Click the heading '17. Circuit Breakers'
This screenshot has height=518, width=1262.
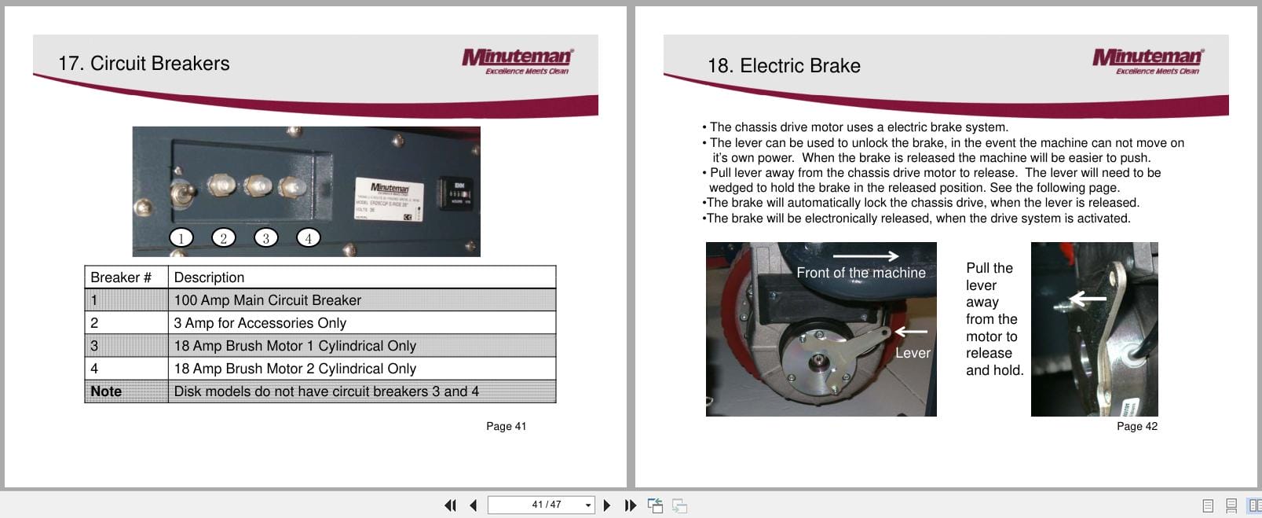[144, 64]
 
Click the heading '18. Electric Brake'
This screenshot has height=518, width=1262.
[783, 66]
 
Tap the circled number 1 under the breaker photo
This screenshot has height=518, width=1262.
[181, 238]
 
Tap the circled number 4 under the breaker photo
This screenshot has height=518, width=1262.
[308, 238]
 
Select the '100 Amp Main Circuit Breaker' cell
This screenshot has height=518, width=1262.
[267, 300]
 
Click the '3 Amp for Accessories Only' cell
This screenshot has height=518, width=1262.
[260, 323]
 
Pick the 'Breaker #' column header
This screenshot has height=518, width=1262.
[121, 277]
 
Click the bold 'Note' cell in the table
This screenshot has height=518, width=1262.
[106, 391]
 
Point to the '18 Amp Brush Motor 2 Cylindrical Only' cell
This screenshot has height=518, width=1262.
[294, 369]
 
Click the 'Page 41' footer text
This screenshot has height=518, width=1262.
[506, 426]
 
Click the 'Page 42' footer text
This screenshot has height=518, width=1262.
[1136, 426]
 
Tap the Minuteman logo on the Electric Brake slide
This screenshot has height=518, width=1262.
[1147, 61]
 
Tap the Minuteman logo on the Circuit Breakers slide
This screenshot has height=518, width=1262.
[517, 61]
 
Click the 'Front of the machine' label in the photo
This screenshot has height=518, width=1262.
[861, 273]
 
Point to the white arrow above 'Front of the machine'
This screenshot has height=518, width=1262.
[865, 255]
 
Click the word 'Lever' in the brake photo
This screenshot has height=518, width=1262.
[913, 354]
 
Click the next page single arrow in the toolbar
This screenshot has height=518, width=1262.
[606, 505]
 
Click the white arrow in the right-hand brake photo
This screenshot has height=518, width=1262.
[1087, 299]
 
